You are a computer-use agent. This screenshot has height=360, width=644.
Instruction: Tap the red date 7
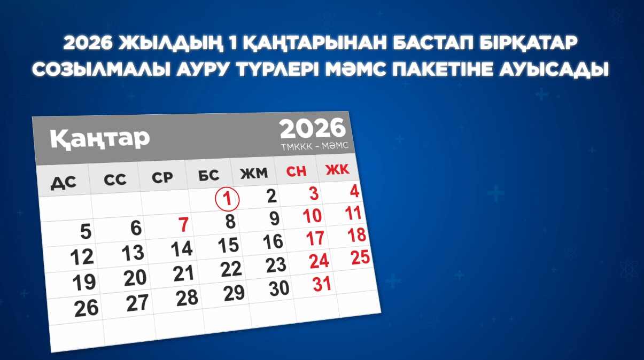pyautogui.click(x=183, y=225)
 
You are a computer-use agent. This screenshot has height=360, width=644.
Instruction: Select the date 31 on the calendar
pyautogui.click(x=322, y=284)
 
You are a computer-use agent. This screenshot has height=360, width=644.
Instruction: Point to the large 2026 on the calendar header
pyautogui.click(x=313, y=128)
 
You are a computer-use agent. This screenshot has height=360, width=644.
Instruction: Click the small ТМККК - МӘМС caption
pyautogui.click(x=319, y=146)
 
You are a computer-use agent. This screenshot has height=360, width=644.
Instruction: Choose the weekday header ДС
pyautogui.click(x=64, y=183)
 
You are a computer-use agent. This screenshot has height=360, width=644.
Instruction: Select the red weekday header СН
pyautogui.click(x=297, y=171)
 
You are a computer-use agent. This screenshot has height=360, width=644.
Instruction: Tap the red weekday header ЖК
pyautogui.click(x=337, y=170)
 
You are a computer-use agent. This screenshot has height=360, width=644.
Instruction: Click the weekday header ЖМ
pyautogui.click(x=253, y=174)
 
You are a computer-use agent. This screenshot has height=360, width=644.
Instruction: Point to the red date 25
pyautogui.click(x=360, y=257)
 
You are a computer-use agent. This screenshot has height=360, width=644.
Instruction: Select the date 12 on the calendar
pyautogui.click(x=82, y=257)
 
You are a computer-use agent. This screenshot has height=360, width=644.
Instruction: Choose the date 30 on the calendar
pyautogui.click(x=279, y=288)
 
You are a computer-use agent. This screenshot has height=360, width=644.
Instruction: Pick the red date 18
pyautogui.click(x=356, y=235)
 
